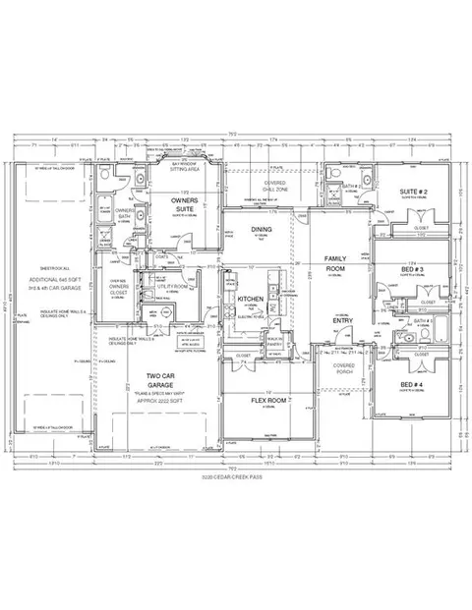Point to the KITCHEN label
pos(250,298)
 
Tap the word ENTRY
pos(343,321)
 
